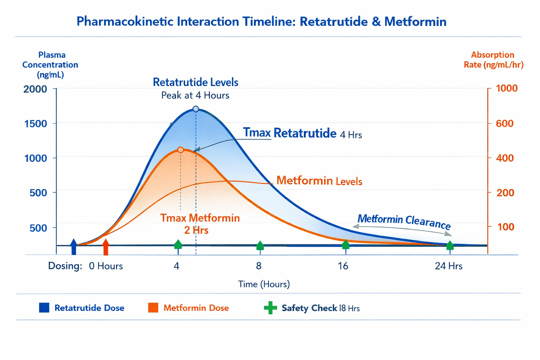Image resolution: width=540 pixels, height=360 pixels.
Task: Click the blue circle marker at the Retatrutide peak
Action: point(196,109)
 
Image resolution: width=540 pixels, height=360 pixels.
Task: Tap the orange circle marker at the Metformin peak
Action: point(180,150)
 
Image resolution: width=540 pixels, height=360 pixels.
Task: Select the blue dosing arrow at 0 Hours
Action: point(73,246)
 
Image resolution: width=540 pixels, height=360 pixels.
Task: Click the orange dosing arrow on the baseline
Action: point(106,247)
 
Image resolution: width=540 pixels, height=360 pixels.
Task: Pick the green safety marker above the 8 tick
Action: point(260,245)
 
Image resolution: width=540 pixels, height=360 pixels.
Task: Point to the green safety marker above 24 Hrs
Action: point(450,245)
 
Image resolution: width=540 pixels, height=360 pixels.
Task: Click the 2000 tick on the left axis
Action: point(35,89)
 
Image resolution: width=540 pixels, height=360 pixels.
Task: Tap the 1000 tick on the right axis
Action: point(507,88)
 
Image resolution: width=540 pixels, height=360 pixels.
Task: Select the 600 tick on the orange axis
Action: point(504,123)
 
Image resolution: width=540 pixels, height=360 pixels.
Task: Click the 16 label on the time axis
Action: point(343,266)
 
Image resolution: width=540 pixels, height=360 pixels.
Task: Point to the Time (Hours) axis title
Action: point(264,284)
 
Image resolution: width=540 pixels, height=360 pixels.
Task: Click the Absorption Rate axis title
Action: point(493,60)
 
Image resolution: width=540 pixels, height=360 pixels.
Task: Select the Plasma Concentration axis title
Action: point(50,65)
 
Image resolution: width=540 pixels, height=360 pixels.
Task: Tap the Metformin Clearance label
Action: point(404,221)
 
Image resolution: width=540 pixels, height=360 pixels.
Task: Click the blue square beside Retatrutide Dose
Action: point(44,308)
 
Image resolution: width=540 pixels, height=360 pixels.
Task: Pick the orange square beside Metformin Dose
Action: point(153,308)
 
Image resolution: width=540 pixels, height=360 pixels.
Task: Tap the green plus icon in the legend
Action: point(270,308)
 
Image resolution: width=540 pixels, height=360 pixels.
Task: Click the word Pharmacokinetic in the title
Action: point(125,21)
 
